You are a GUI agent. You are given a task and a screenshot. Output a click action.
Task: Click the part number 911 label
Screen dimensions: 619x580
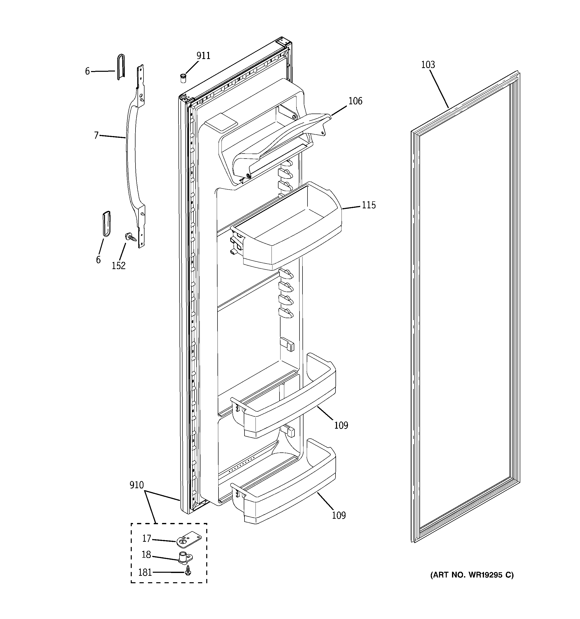tap(203, 56)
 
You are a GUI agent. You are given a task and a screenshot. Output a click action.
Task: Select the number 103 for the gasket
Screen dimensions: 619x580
tap(428, 65)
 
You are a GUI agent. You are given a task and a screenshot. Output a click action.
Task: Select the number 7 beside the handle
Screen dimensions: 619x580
tap(96, 136)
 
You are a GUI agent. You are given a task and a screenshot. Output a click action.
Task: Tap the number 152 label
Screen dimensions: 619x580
tap(118, 266)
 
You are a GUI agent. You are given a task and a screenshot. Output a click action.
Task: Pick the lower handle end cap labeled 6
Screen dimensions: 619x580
tap(106, 224)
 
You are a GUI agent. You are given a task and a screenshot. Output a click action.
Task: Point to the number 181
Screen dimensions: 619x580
tap(145, 572)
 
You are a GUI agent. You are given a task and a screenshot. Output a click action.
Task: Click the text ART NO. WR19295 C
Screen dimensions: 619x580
tap(472, 575)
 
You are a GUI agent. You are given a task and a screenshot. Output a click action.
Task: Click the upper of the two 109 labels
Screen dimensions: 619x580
tap(341, 425)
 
